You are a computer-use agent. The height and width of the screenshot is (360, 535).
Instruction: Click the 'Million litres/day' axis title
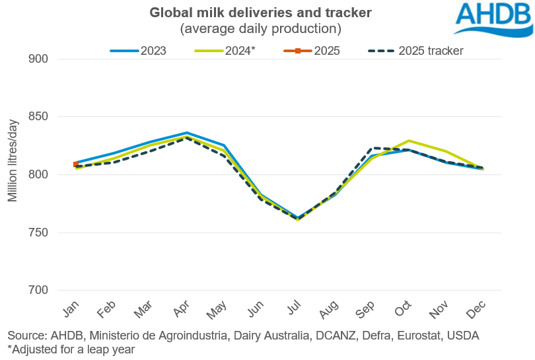coord(13,162)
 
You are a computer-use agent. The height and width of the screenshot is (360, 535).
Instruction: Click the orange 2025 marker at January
coord(77,164)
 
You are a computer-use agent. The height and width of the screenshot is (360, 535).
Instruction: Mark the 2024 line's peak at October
coord(410,141)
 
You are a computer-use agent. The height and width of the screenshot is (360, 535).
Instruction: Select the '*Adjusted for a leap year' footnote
coord(71,350)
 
